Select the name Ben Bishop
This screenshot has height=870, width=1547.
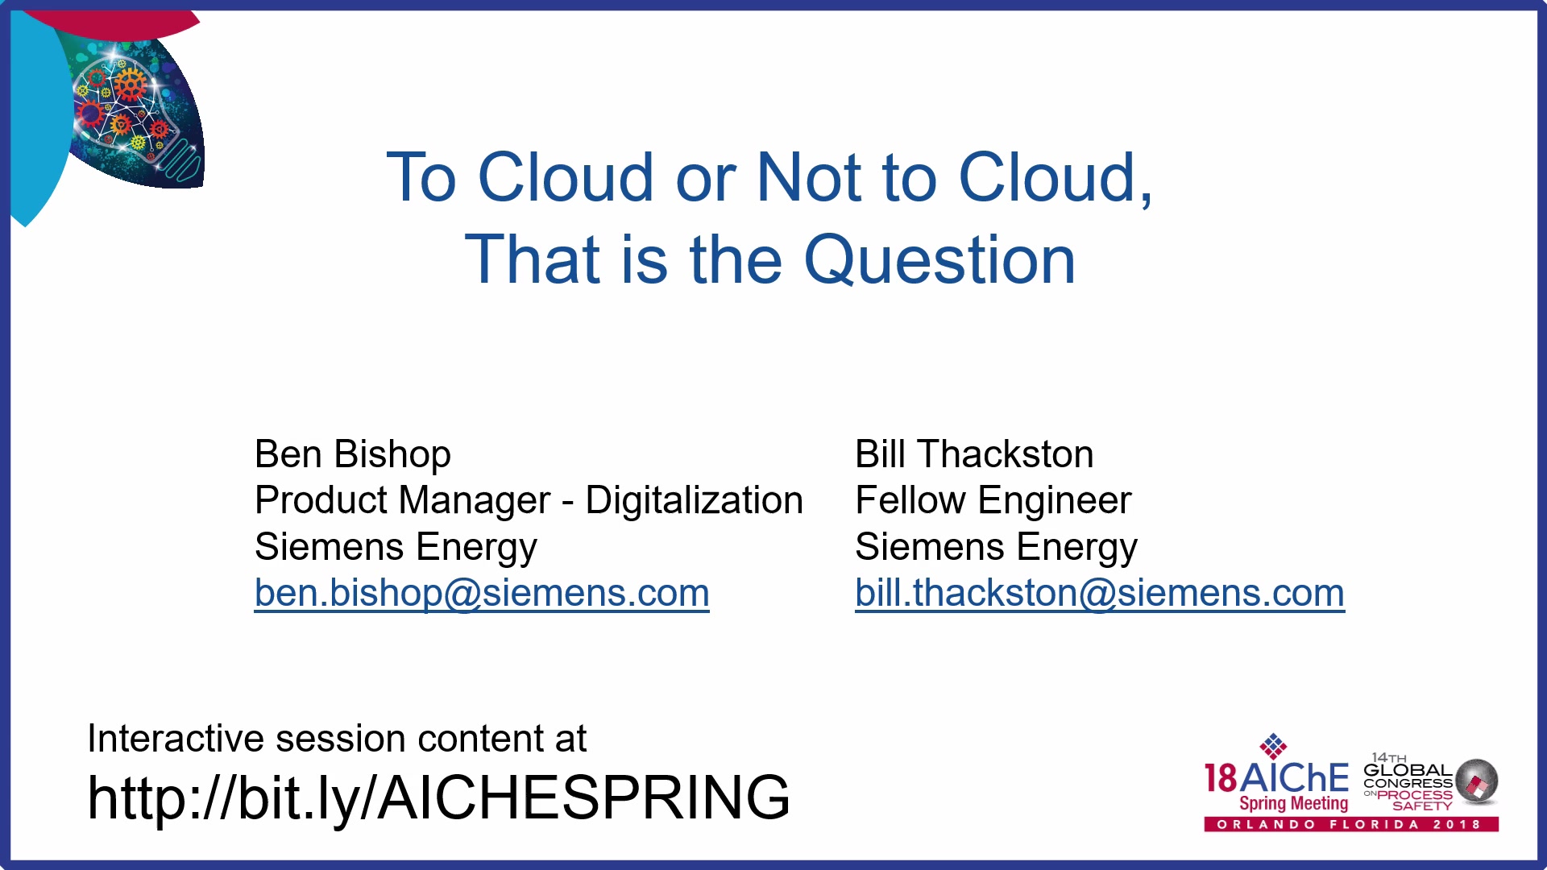pos(353,454)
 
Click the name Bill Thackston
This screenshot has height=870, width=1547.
pos(974,454)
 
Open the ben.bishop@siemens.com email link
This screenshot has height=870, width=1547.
pos(482,594)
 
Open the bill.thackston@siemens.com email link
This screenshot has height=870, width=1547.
pos(1100,594)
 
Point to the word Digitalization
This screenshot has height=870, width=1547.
pos(695,500)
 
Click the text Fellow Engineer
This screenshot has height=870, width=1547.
pos(993,500)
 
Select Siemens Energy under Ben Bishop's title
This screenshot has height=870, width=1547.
pos(396,548)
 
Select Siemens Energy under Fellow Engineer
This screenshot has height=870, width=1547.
pos(997,548)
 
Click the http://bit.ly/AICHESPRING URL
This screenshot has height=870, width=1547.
pos(439,797)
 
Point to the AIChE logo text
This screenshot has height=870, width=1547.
pos(1277,777)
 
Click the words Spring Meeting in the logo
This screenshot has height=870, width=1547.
pos(1293,803)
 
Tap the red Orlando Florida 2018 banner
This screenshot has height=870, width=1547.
pos(1351,824)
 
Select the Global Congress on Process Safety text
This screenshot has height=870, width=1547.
pos(1408,782)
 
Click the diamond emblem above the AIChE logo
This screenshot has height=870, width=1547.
pos(1273,746)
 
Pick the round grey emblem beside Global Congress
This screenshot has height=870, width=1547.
pos(1477,781)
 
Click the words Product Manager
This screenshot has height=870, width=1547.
pos(403,500)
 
